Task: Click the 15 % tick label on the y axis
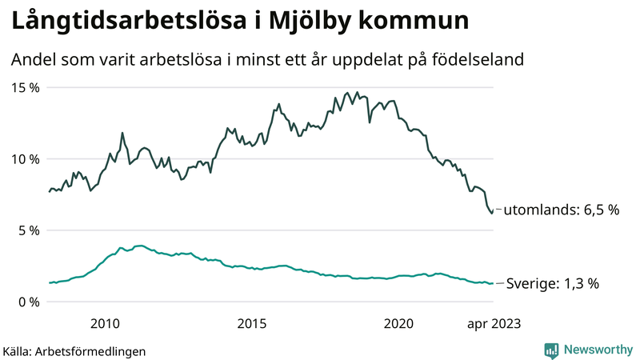coord(24,87)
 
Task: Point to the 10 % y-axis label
coord(24,158)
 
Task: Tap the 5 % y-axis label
coord(28,230)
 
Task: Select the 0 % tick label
coord(28,302)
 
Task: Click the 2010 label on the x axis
coord(105,323)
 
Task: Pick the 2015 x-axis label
coord(252,323)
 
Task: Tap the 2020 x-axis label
coord(398,323)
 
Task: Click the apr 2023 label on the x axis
coord(492,323)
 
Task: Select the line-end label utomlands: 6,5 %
coord(562,210)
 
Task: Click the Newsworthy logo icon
coord(551,350)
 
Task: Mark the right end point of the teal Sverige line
coord(492,283)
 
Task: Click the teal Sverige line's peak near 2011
coord(140,246)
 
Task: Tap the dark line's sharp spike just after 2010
coord(122,133)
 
